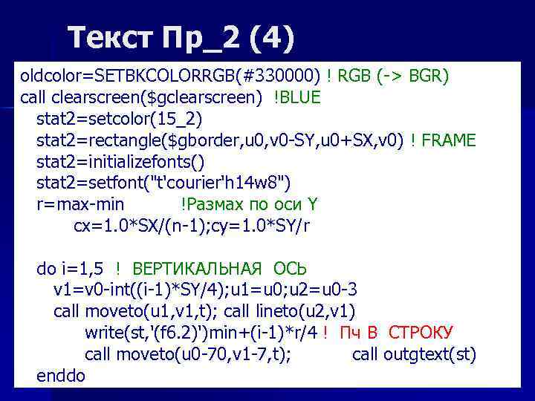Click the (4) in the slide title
273,36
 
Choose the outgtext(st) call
414,353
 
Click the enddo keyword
61,375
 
